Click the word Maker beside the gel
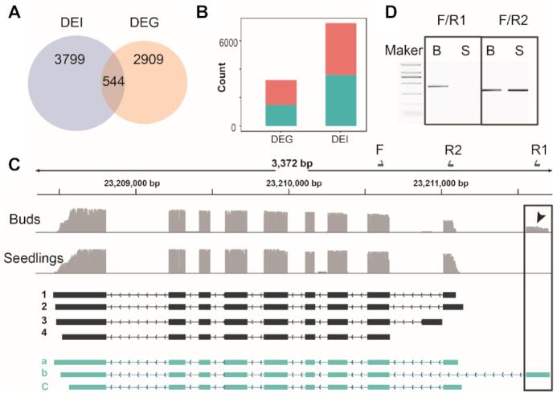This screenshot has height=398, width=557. click(404, 51)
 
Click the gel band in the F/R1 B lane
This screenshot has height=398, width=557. click(438, 86)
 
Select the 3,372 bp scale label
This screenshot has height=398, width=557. click(292, 163)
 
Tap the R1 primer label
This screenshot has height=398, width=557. click(539, 149)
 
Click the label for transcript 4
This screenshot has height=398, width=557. click(45, 335)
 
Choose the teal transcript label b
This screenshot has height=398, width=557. click(45, 374)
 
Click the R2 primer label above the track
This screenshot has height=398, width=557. click(452, 149)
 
